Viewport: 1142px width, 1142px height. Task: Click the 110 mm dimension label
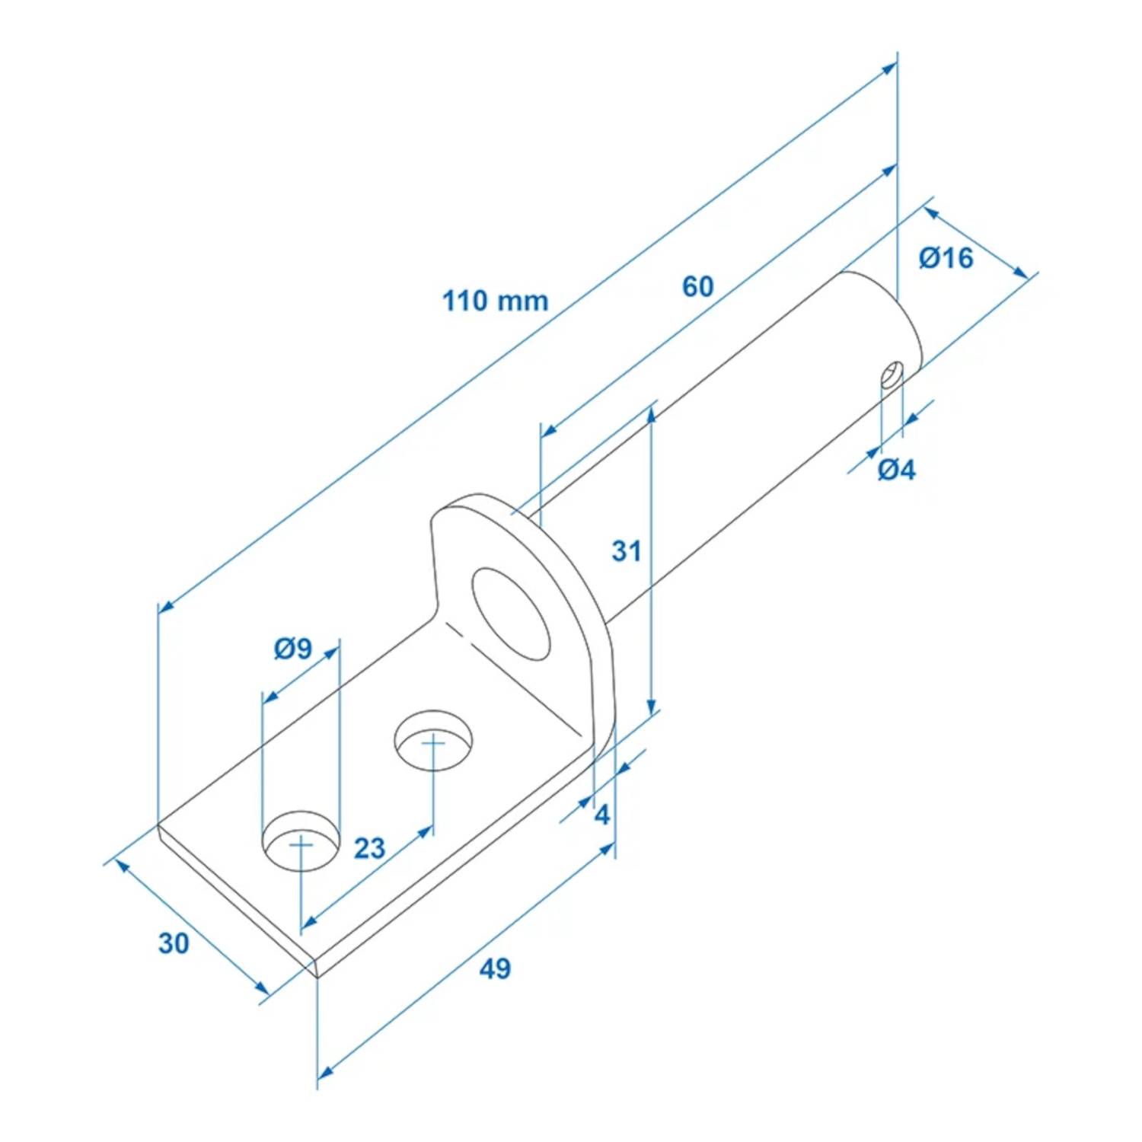(495, 301)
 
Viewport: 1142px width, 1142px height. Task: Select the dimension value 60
(697, 287)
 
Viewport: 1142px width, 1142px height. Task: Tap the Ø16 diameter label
(946, 258)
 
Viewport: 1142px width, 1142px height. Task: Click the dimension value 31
(627, 550)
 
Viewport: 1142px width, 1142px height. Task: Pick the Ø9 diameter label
(293, 649)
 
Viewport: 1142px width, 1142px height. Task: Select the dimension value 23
(370, 848)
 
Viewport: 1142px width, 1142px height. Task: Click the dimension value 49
(495, 968)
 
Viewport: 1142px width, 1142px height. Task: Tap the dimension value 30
(174, 943)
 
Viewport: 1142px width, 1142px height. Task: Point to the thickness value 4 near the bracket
(601, 815)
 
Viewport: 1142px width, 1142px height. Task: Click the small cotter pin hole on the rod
(891, 375)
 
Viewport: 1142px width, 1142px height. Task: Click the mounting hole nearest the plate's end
(301, 841)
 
